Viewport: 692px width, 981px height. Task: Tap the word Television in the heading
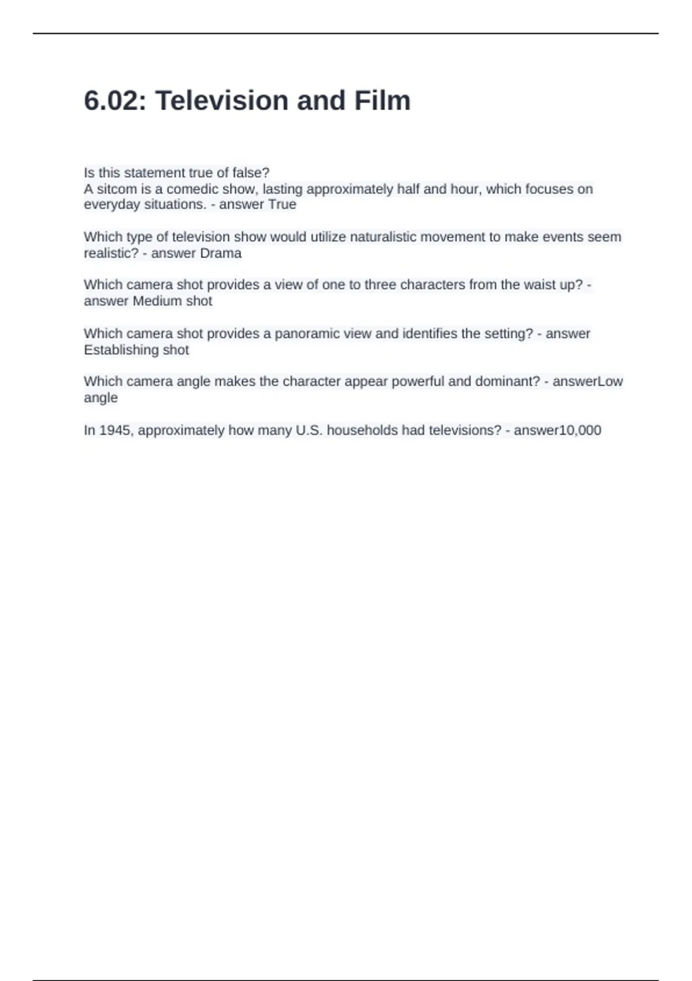(x=221, y=101)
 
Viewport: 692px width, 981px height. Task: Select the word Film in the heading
(x=382, y=101)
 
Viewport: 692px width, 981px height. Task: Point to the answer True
(x=282, y=205)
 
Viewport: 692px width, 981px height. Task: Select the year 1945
(x=115, y=430)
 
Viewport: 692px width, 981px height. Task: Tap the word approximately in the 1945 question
(x=181, y=430)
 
